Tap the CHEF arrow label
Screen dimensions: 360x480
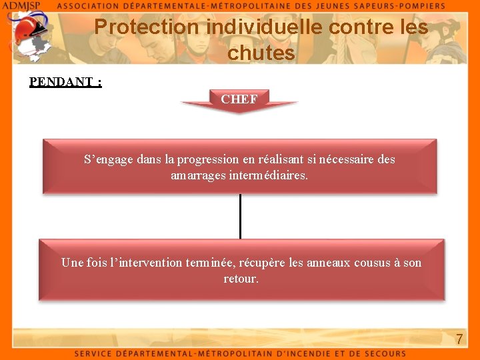[x=239, y=99]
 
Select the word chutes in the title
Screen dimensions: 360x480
[x=261, y=53]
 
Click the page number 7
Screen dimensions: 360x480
[x=459, y=339]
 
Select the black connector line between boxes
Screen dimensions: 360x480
[x=240, y=215]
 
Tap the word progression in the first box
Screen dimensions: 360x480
[x=208, y=159]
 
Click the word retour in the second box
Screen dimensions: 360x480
[x=240, y=279]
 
